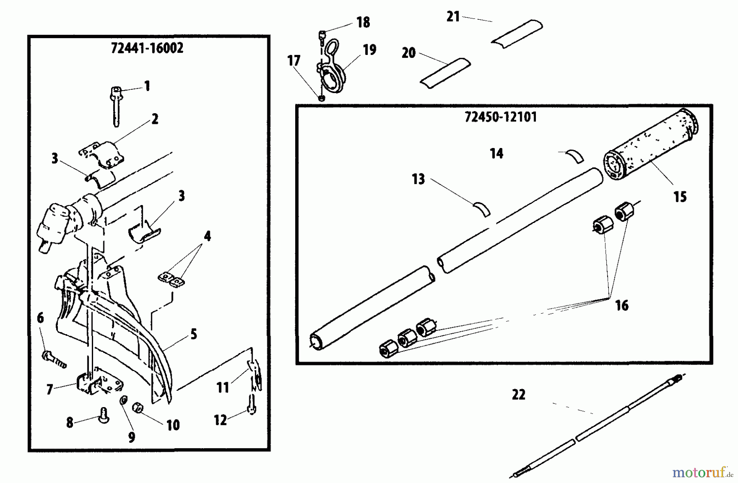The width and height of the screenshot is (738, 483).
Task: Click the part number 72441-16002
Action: coord(147,48)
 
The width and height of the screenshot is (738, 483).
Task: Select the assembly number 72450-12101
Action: coord(501,117)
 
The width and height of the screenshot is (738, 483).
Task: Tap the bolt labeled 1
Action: coord(115,105)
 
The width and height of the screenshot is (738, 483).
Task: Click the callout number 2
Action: coord(155,119)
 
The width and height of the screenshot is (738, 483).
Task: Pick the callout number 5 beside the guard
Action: coord(194,334)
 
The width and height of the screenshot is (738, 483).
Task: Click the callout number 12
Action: coord(221,420)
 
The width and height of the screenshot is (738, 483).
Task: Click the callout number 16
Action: coord(622,305)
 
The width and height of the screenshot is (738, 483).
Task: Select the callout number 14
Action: coord(496,154)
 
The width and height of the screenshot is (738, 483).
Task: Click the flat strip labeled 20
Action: coord(445,73)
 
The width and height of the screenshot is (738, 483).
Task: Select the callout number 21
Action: coord(453,17)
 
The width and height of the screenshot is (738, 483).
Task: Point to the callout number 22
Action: coord(518,395)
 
